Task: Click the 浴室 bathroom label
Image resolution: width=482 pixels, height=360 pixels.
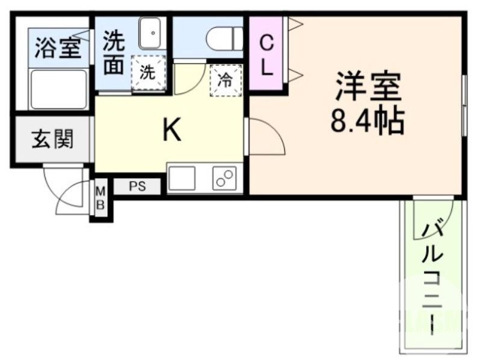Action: [x=58, y=48]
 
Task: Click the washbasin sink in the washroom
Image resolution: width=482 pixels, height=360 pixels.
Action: [x=152, y=33]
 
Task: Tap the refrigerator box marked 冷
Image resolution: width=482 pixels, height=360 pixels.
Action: [x=225, y=80]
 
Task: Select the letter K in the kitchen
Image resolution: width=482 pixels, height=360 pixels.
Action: [x=172, y=130]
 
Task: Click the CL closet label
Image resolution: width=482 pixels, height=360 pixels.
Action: [x=267, y=55]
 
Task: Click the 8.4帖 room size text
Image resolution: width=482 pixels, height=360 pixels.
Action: [x=367, y=121]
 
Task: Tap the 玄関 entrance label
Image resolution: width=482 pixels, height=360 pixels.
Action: [x=52, y=139]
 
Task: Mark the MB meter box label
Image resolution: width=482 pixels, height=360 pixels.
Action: [x=101, y=198]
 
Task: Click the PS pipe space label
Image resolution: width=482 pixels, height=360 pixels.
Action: [x=137, y=186]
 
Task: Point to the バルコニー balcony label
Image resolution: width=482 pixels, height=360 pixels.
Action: [x=431, y=277]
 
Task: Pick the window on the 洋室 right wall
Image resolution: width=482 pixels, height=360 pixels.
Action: [x=464, y=106]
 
